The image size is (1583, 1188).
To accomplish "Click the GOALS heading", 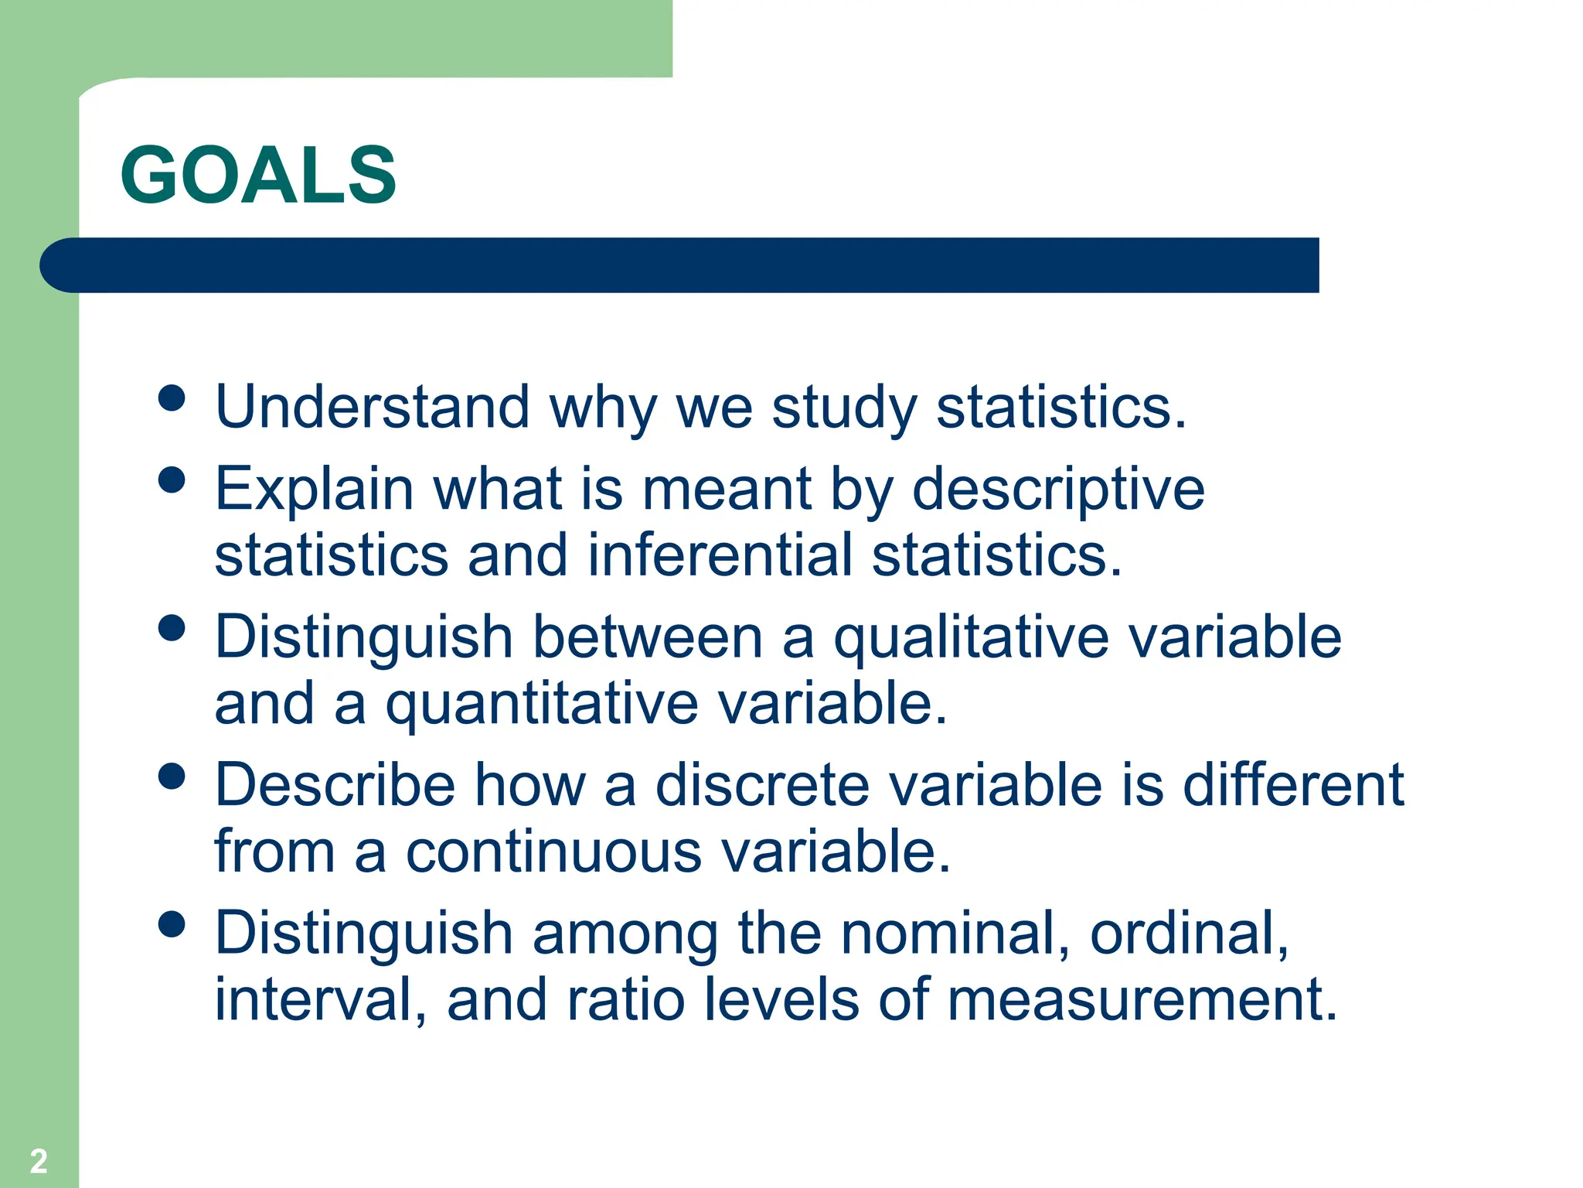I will pyautogui.click(x=258, y=176).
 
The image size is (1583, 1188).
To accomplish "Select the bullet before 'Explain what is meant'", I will pyautogui.click(x=172, y=480).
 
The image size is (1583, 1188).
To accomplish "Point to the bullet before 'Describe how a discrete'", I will pyautogui.click(x=172, y=776).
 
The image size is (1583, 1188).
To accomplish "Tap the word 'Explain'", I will pyautogui.click(x=315, y=490).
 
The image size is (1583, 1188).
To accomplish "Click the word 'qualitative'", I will pyautogui.click(x=971, y=639).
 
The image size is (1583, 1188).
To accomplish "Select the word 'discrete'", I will pyautogui.click(x=762, y=785).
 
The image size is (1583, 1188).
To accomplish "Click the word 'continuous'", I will pyautogui.click(x=554, y=852).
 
